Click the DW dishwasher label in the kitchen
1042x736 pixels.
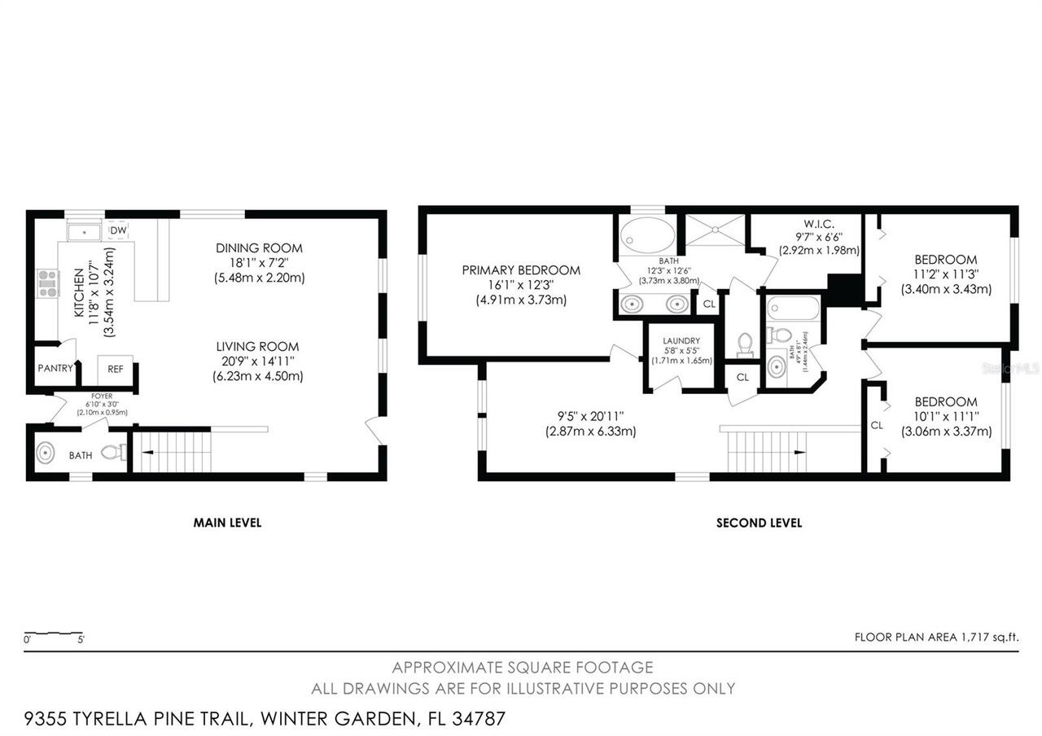click(x=118, y=231)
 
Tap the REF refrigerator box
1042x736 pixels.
click(x=116, y=369)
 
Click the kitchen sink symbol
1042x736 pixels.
click(x=84, y=233)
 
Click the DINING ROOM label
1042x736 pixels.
click(x=259, y=248)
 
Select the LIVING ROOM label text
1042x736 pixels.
click(x=257, y=347)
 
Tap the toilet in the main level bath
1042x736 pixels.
click(x=115, y=452)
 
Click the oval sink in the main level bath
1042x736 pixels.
click(x=46, y=452)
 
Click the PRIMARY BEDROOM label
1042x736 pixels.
click(x=521, y=270)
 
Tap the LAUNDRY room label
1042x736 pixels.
click(x=681, y=341)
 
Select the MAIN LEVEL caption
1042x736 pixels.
click(x=227, y=523)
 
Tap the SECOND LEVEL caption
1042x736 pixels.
click(x=759, y=523)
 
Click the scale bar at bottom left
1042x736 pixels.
click(x=53, y=633)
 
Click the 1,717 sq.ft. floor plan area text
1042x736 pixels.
click(x=936, y=637)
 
